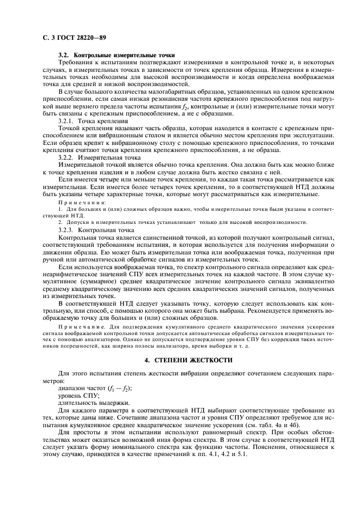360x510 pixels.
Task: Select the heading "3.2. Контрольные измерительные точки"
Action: click(x=116, y=56)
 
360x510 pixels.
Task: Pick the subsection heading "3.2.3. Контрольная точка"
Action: click(x=97, y=230)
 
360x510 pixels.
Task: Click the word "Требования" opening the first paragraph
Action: click(x=78, y=63)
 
